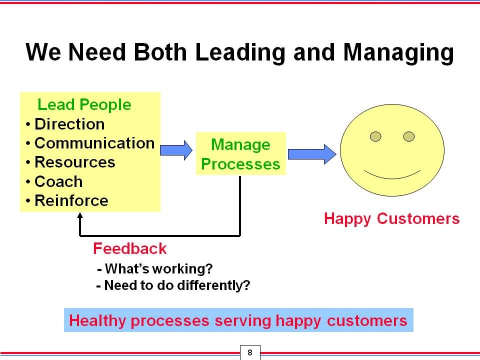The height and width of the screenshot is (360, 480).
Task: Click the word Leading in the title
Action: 240,53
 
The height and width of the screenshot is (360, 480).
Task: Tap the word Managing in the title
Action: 398,53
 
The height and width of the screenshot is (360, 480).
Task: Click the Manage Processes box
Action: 240,153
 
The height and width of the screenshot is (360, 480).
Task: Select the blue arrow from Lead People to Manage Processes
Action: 176,150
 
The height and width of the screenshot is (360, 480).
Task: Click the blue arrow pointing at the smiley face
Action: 312,154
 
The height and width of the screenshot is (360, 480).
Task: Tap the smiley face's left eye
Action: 375,136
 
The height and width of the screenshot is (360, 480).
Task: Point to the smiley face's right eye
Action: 409,136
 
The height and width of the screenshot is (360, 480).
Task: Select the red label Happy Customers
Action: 392,219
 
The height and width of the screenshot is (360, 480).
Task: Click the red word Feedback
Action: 130,248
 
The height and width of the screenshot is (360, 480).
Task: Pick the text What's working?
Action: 155,269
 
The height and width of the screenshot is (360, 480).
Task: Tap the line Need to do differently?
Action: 173,285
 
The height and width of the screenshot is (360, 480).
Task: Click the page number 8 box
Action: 250,352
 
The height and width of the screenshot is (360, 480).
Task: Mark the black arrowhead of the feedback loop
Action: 80,215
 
